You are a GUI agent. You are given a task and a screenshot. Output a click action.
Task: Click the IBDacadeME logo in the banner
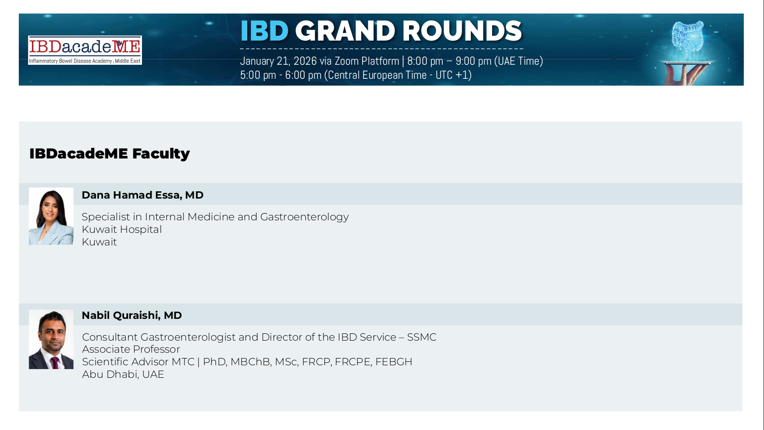[x=85, y=50]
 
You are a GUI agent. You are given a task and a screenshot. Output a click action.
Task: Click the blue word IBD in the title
[x=265, y=31]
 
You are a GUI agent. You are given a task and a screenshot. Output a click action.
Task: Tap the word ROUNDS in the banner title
[x=462, y=31]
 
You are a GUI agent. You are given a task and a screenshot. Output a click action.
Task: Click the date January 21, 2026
[x=278, y=61]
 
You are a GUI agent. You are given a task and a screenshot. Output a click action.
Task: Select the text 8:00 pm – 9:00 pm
[x=449, y=61]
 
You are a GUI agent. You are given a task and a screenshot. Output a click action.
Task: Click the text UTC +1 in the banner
[x=452, y=75]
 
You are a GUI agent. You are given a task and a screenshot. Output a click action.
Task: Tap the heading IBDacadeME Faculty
[x=110, y=154]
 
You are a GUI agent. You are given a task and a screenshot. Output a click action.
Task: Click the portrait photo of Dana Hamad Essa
[x=51, y=216]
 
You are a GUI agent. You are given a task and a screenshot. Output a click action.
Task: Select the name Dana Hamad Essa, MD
[x=142, y=195]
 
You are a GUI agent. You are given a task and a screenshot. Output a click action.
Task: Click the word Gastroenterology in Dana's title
[x=304, y=217]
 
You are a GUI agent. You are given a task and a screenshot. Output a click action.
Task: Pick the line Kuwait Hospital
[x=122, y=229]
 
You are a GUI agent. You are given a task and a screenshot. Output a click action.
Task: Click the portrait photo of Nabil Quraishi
[x=51, y=339]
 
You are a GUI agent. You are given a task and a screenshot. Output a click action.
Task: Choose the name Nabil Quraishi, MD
[x=132, y=315]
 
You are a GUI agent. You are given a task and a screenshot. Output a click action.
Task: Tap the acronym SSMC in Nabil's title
[x=422, y=337]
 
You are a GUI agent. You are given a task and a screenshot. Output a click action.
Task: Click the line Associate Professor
[x=131, y=349]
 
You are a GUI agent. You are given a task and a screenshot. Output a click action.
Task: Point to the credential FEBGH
[x=394, y=362]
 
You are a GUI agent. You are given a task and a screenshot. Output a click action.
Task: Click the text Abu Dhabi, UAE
[x=123, y=374]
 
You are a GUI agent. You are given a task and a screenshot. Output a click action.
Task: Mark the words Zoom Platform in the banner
[x=367, y=61]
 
